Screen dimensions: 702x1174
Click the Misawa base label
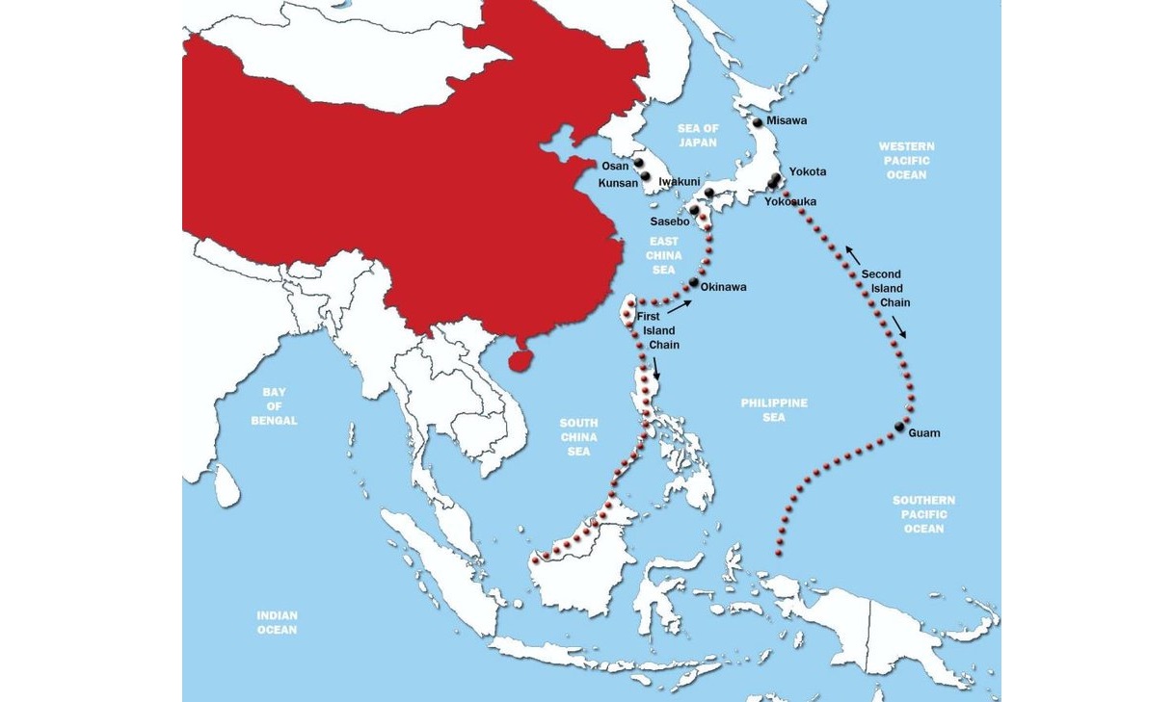(787, 121)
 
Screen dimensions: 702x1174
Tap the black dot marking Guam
(899, 427)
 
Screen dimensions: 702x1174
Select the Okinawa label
(723, 287)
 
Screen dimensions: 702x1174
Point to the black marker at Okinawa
(693, 282)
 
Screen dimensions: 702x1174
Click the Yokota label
(808, 172)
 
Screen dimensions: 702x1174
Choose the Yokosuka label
(790, 202)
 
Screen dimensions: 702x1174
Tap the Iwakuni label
(680, 181)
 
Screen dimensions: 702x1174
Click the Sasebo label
(670, 221)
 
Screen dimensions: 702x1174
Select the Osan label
(615, 166)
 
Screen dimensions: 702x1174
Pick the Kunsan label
(618, 182)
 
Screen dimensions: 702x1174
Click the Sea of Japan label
(698, 135)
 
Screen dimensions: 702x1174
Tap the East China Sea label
(664, 255)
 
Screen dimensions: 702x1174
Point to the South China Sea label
(578, 436)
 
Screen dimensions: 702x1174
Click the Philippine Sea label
(774, 410)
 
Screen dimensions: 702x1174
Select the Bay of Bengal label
(274, 406)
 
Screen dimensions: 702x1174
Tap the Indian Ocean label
(277, 622)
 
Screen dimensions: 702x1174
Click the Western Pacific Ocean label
(906, 160)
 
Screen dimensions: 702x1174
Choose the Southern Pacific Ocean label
(923, 514)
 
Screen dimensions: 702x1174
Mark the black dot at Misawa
(758, 122)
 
